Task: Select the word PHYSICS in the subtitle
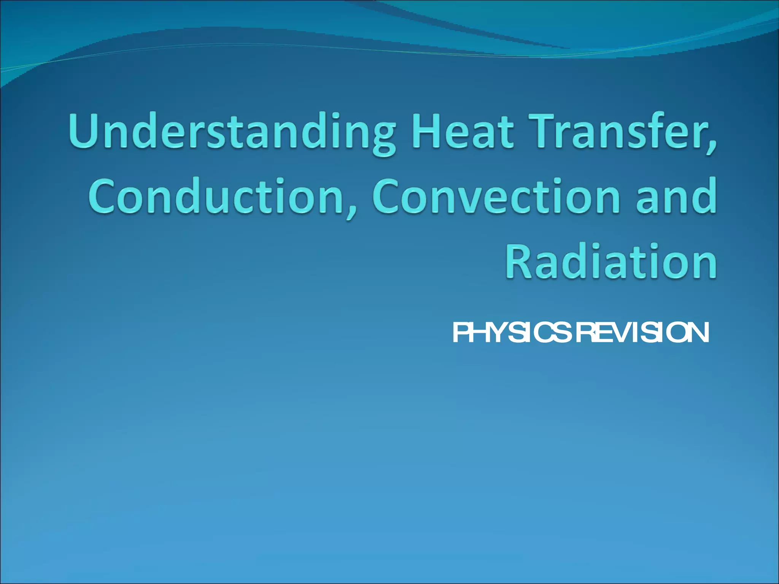click(x=512, y=333)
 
